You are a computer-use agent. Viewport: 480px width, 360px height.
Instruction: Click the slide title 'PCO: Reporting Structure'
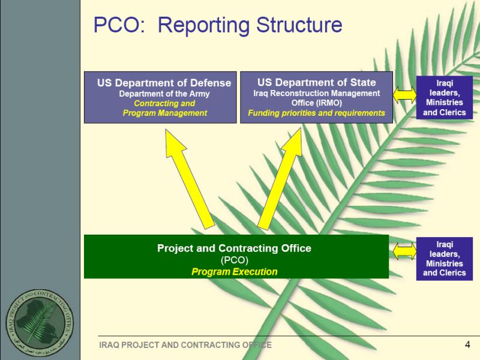point(218,25)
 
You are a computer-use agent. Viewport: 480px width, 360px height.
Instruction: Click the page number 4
point(467,344)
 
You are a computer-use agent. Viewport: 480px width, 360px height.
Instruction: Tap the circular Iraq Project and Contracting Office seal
point(40,323)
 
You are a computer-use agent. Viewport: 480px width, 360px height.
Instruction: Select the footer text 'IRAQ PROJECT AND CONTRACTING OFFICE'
point(185,345)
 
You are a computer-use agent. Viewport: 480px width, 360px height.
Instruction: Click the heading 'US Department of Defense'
point(164,83)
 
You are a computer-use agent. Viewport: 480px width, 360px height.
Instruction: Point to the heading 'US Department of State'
point(317,82)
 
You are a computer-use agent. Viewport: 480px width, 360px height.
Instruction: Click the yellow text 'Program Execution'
point(235,272)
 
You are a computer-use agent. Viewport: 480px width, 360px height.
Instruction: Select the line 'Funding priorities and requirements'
point(316,113)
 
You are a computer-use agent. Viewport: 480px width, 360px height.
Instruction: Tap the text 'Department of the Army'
point(164,94)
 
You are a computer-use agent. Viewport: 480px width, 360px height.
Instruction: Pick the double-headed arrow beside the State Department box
point(404,95)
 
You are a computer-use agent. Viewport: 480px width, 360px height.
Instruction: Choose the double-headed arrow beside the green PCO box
point(404,251)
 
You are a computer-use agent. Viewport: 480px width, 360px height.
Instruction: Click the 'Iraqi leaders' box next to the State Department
point(445,98)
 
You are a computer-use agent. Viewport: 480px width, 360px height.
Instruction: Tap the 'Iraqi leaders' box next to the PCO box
point(445,259)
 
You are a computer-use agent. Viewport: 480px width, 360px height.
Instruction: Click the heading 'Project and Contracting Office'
point(234,248)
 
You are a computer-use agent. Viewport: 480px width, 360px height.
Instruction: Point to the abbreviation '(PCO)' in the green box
point(235,260)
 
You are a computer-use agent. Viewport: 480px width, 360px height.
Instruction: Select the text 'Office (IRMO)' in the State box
point(317,103)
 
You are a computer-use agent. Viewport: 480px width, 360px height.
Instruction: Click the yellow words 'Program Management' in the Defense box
point(165,113)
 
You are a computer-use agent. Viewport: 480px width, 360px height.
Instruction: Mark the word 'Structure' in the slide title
point(299,25)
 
